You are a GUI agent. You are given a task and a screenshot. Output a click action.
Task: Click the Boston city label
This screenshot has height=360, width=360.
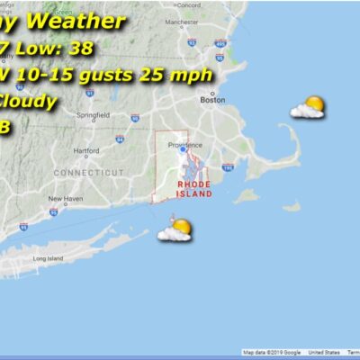(x=213, y=100)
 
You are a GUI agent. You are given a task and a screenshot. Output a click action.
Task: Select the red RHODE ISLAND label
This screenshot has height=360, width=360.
(x=194, y=188)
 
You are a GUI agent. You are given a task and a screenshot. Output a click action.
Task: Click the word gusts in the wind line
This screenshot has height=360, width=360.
(x=117, y=74)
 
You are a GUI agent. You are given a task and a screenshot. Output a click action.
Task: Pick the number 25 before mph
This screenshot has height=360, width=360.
(x=166, y=74)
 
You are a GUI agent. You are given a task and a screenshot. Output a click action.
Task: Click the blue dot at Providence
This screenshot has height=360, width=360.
(x=183, y=150)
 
